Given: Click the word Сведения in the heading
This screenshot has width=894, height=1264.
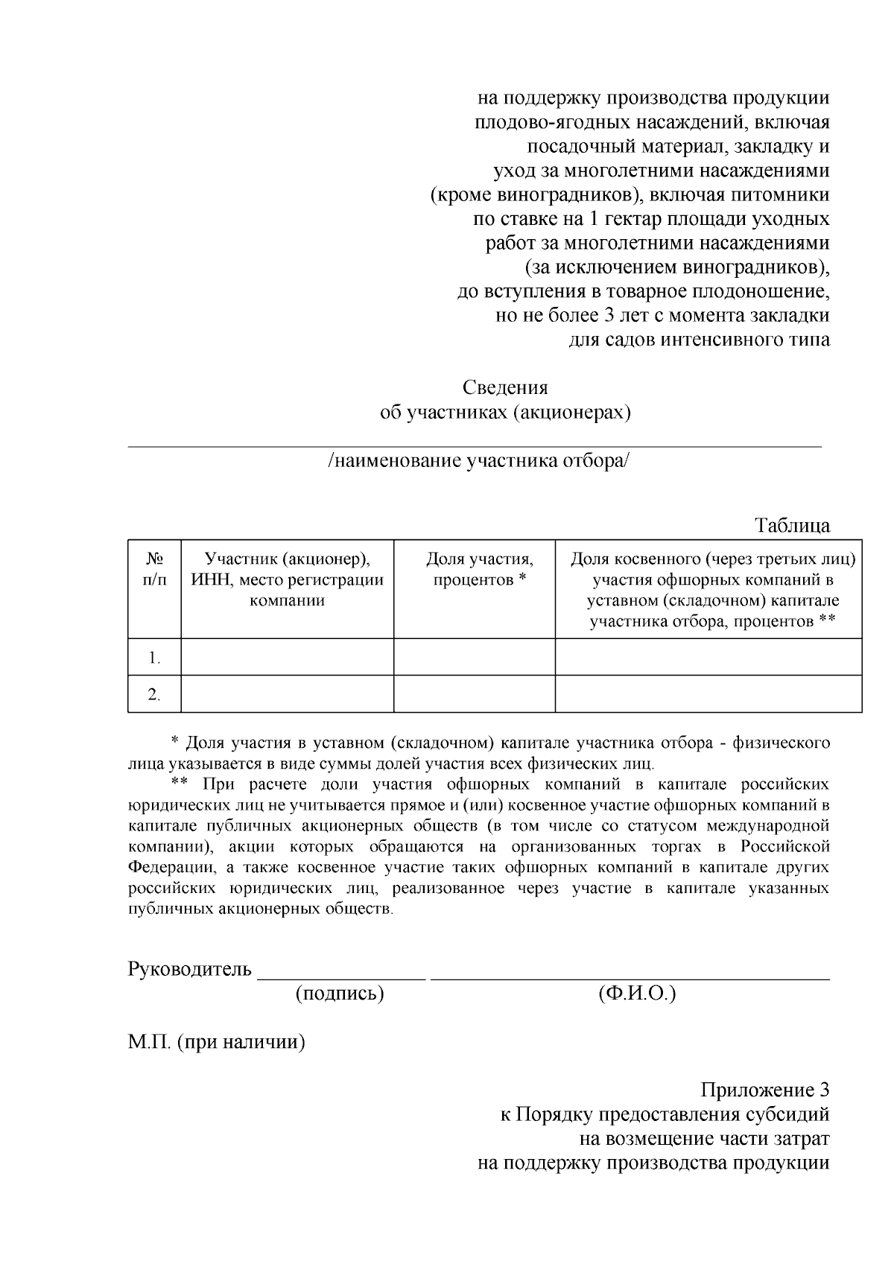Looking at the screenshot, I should pyautogui.click(x=505, y=388).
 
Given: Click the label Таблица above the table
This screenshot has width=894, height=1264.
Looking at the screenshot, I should pyautogui.click(x=793, y=526).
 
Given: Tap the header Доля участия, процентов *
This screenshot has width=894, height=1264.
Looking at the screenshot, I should pyautogui.click(x=480, y=569).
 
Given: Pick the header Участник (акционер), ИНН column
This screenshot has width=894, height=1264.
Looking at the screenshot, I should pyautogui.click(x=287, y=579).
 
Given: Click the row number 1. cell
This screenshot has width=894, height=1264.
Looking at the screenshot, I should pyautogui.click(x=154, y=658).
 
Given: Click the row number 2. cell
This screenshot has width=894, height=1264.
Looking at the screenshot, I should pyautogui.click(x=154, y=694).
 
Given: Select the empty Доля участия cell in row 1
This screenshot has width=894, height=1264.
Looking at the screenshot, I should pyautogui.click(x=474, y=658).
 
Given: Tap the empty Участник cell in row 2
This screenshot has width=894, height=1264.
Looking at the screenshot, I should pyautogui.click(x=287, y=694).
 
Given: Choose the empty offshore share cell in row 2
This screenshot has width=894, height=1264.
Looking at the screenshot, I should pyautogui.click(x=708, y=694).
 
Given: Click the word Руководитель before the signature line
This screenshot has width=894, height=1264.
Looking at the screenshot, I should pyautogui.click(x=190, y=970).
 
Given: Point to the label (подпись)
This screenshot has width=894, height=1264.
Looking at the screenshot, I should pyautogui.click(x=340, y=994).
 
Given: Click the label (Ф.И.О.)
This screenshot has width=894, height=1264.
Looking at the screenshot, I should pyautogui.click(x=636, y=994).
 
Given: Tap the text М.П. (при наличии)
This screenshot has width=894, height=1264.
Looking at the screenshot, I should pyautogui.click(x=217, y=1042).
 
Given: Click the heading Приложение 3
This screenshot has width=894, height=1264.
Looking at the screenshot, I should pyautogui.click(x=764, y=1090).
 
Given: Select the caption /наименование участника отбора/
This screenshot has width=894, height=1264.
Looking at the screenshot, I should pyautogui.click(x=478, y=461).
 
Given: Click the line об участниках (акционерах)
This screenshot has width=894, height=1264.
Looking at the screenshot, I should pyautogui.click(x=505, y=413).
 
